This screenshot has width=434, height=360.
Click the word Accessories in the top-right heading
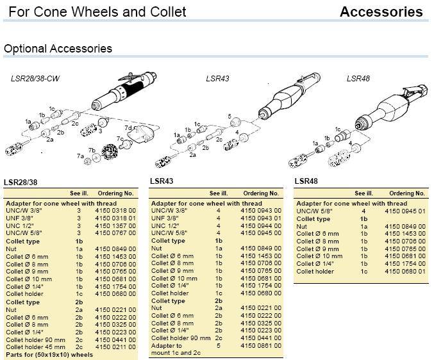(381, 12)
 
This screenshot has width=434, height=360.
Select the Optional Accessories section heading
(58, 49)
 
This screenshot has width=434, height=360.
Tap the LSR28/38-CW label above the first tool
(35, 79)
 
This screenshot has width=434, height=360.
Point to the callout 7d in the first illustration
(128, 128)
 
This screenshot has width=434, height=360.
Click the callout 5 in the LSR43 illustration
(230, 117)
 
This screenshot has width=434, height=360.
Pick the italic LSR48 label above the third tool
(358, 79)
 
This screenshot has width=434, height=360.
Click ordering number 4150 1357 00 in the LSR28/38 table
(115, 225)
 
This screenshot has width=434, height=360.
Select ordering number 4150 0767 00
(115, 233)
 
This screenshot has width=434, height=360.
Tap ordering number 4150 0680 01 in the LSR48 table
(405, 271)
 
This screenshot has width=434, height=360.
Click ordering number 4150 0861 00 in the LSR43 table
(261, 346)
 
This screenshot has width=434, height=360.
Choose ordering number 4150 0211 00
(115, 347)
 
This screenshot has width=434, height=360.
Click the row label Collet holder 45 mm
(35, 347)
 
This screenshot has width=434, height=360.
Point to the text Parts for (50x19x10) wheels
(49, 355)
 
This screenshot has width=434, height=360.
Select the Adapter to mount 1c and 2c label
(176, 349)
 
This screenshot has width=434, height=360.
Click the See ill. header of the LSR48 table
(363, 193)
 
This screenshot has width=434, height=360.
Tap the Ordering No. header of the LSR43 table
(261, 193)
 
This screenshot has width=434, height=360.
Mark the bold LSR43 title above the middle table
(162, 181)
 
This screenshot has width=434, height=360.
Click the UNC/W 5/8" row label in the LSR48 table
(310, 211)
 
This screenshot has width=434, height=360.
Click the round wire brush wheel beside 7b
(110, 152)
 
